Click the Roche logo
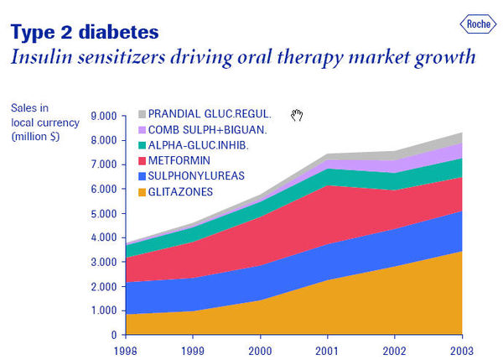point(479,25)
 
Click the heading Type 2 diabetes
point(84,33)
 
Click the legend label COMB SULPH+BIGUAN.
point(206,130)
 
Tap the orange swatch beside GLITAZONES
point(141,192)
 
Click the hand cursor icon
point(296,115)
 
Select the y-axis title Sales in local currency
point(39,122)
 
